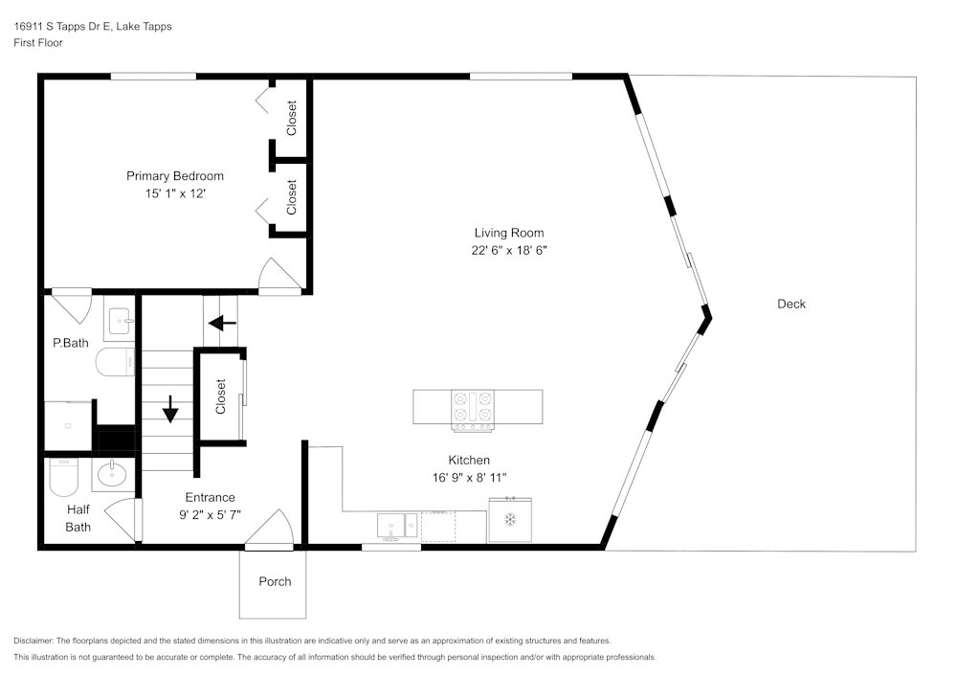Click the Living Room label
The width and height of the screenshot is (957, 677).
pos(509,233)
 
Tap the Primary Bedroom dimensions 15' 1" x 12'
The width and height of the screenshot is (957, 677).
pos(175,193)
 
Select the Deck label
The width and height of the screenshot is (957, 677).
pos(791,304)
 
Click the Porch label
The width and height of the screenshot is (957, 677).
pos(275,581)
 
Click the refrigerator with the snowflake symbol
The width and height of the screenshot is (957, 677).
pos(510,520)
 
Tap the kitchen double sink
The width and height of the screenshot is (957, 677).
pos(397,527)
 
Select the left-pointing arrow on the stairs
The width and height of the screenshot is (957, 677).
pos(222,323)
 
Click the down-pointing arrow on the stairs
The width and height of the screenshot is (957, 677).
pos(170,409)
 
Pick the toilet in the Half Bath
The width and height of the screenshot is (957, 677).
pos(64,477)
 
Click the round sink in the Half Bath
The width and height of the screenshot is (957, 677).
pos(112,474)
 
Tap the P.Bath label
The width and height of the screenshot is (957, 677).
pos(71,343)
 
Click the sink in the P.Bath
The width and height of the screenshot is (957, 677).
pos(120,319)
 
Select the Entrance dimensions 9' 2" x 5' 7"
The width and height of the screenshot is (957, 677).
pos(210,514)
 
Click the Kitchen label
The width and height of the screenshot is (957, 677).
pos(469,461)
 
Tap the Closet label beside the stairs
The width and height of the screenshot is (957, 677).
pos(221,396)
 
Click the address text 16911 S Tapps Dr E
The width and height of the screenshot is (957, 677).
pos(62,26)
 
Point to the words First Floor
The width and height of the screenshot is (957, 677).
pos(38,43)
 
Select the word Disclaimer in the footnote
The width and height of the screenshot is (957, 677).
pos(33,641)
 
